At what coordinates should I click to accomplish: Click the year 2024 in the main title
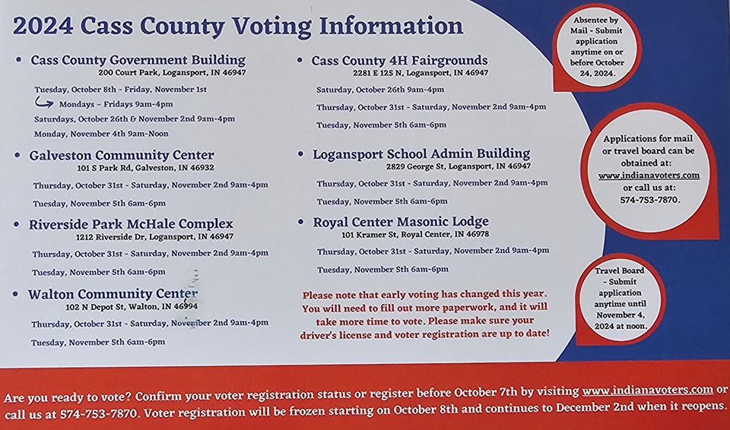[43, 26]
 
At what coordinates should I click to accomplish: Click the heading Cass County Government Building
[138, 59]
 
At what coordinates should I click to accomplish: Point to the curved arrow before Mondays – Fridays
[44, 103]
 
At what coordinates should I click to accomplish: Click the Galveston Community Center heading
[122, 155]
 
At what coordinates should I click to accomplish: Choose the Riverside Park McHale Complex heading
[131, 224]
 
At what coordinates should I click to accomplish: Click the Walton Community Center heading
[113, 294]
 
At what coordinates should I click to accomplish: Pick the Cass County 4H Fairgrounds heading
[399, 60]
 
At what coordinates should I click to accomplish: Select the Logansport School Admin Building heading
[421, 154]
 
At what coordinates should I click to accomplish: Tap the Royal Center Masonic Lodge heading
[401, 222]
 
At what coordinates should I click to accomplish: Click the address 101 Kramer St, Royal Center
[414, 235]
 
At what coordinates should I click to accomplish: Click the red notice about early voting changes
[426, 314]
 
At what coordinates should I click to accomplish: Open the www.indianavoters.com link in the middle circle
[649, 175]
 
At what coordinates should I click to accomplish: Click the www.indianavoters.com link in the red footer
[647, 390]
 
